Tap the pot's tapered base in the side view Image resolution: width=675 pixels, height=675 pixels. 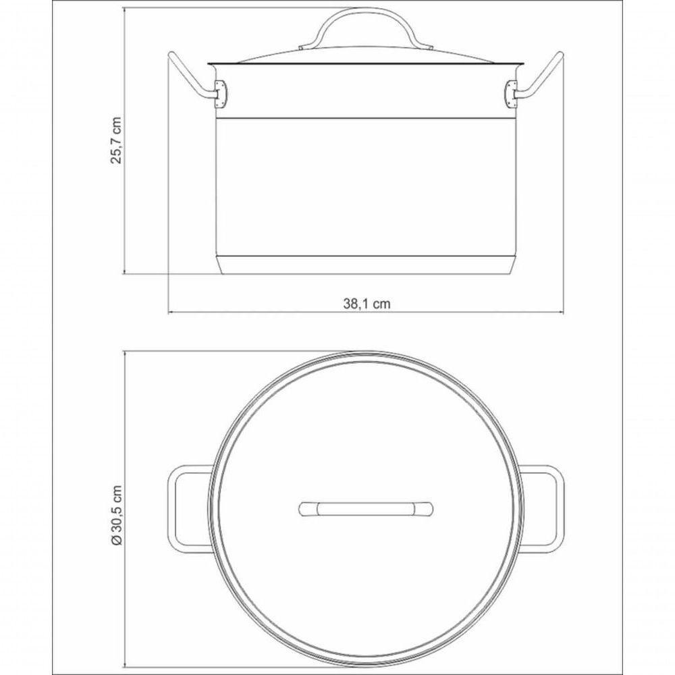(x=365, y=265)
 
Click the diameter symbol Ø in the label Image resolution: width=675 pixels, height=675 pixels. (x=116, y=541)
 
